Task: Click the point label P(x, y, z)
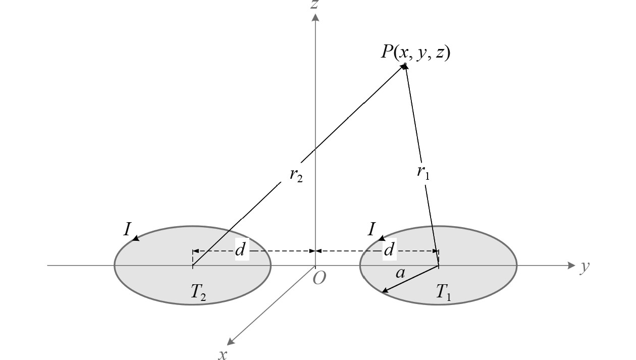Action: tap(415, 52)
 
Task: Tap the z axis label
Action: tap(315, 5)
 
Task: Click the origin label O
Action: tap(319, 278)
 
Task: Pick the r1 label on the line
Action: tap(423, 172)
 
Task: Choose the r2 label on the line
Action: tap(296, 176)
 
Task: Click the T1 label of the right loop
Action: tap(444, 294)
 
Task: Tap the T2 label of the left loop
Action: tap(198, 294)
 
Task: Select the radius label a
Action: tap(400, 273)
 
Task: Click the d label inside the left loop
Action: tap(241, 250)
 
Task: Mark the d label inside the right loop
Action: tap(389, 250)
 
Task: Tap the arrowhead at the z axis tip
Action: tap(315, 18)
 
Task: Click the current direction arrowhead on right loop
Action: tap(382, 238)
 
